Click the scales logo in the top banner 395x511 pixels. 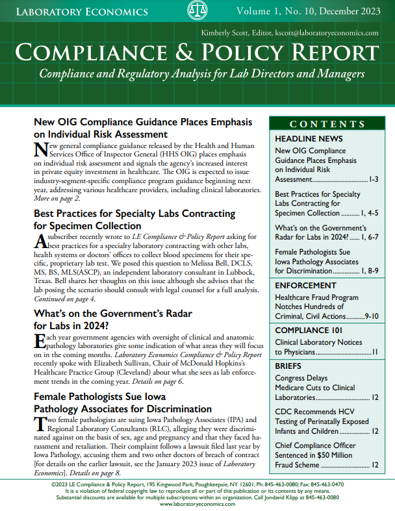pyautogui.click(x=197, y=10)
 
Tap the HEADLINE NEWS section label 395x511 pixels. pyautogui.click(x=308, y=139)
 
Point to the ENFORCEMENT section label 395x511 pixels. pyautogui.click(x=306, y=284)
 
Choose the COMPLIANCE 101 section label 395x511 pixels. pyautogui.click(x=309, y=330)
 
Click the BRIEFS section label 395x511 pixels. pyautogui.click(x=289, y=366)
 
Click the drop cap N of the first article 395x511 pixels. pyautogui.click(x=40, y=150)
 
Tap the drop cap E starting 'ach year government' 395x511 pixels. pyautogui.click(x=38, y=342)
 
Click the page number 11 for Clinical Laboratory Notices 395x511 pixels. pyautogui.click(x=375, y=353)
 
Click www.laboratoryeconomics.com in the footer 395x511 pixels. pyautogui.click(x=197, y=505)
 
